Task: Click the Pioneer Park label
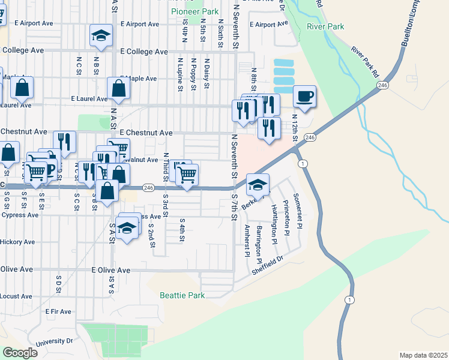pyautogui.click(x=194, y=11)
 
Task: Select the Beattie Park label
pyautogui.click(x=182, y=295)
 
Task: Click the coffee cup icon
pyautogui.click(x=304, y=96)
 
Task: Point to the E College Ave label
pyautogui.click(x=144, y=52)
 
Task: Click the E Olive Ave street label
pyautogui.click(x=111, y=271)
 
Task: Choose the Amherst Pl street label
pyautogui.click(x=247, y=241)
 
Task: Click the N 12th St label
pyautogui.click(x=295, y=128)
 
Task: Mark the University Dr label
pyautogui.click(x=54, y=341)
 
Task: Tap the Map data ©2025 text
pyautogui.click(x=423, y=355)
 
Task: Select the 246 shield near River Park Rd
pyautogui.click(x=382, y=86)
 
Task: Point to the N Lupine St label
pyautogui.click(x=180, y=74)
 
